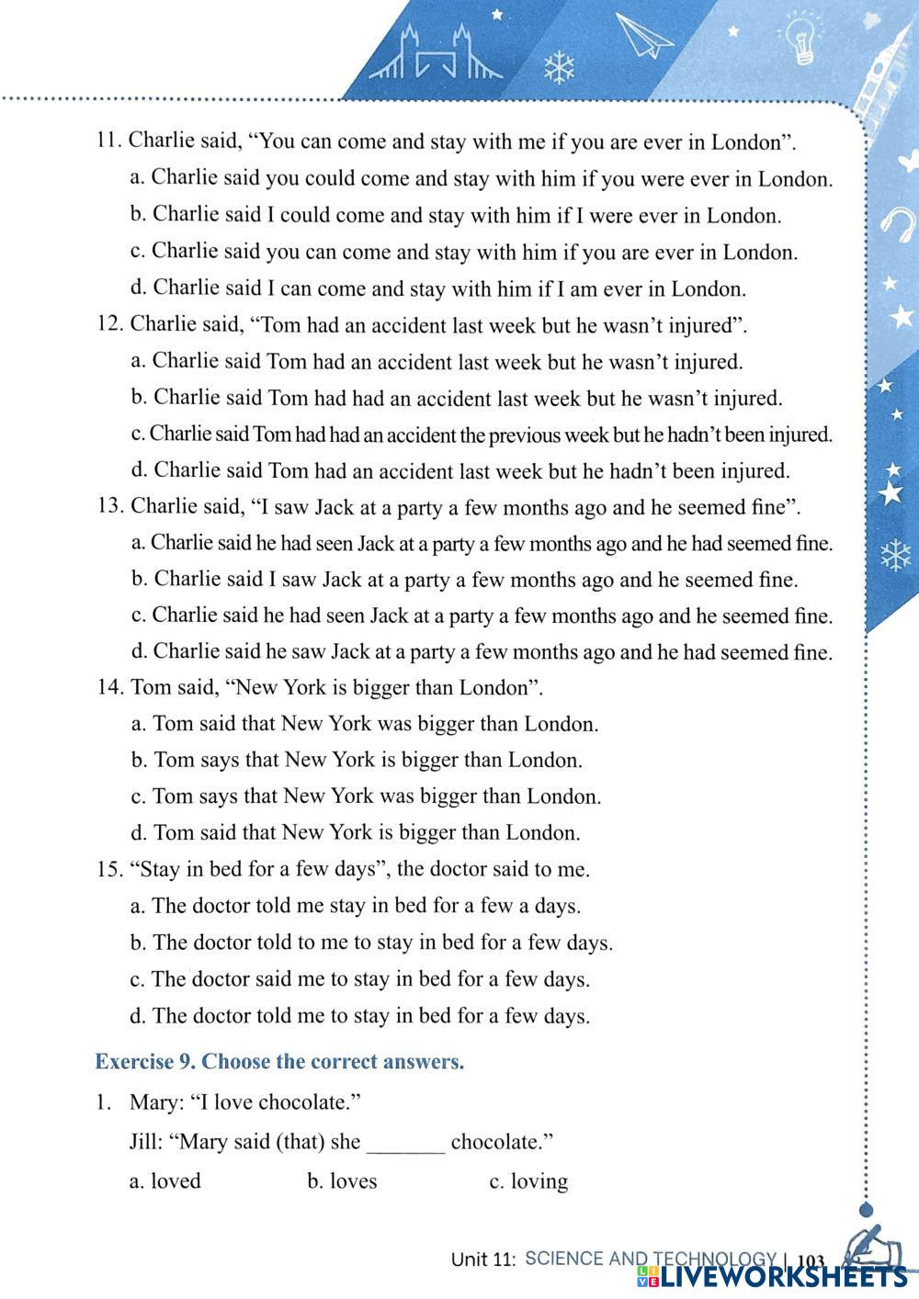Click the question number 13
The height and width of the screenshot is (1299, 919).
(x=110, y=506)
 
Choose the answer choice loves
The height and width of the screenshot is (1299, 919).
(x=353, y=1181)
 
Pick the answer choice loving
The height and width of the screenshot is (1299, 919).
(x=539, y=1181)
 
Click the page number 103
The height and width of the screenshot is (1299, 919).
(x=812, y=1261)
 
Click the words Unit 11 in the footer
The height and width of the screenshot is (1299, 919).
(x=483, y=1259)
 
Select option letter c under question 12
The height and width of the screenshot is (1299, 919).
(x=138, y=434)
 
